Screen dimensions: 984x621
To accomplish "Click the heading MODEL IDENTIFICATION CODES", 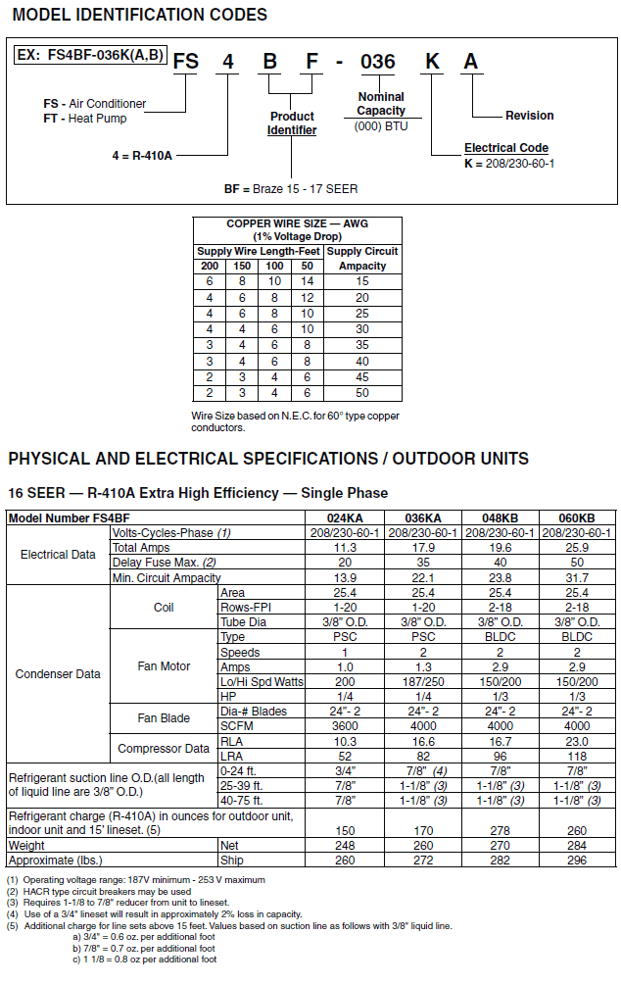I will [x=140, y=15].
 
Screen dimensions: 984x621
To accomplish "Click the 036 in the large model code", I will [x=377, y=62].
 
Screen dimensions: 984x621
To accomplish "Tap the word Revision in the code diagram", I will [x=529, y=116].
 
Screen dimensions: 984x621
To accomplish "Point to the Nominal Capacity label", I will [x=381, y=104].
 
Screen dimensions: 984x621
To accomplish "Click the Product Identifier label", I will [x=292, y=123].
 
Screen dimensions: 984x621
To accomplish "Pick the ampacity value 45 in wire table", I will [x=362, y=377].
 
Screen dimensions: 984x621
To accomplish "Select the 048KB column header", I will [x=501, y=517].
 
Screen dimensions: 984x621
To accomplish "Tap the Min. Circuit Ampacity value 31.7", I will [x=577, y=578].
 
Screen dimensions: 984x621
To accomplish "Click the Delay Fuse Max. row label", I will [x=152, y=563].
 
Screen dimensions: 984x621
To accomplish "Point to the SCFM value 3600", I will [x=345, y=726].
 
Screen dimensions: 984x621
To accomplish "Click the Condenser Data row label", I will [x=58, y=674].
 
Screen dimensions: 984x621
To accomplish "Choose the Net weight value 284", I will [x=577, y=845].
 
